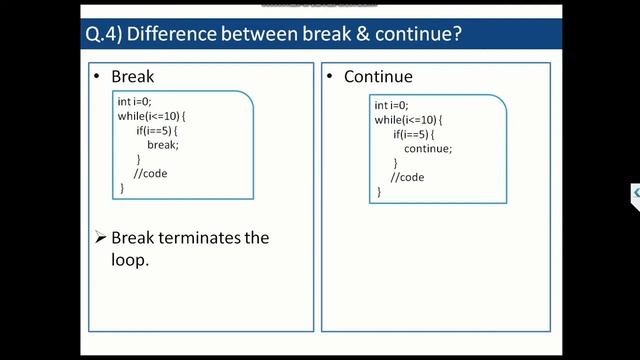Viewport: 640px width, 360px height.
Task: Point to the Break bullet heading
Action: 132,76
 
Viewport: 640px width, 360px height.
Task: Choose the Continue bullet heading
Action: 378,76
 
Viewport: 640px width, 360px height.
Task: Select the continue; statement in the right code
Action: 428,148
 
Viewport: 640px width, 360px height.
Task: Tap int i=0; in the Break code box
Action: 135,102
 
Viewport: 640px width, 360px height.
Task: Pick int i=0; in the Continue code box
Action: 391,105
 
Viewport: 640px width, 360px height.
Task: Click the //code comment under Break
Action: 150,173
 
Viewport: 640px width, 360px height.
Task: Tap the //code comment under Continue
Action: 407,177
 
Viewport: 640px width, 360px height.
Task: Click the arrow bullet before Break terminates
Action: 100,238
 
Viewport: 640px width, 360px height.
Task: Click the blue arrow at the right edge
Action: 635,193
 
